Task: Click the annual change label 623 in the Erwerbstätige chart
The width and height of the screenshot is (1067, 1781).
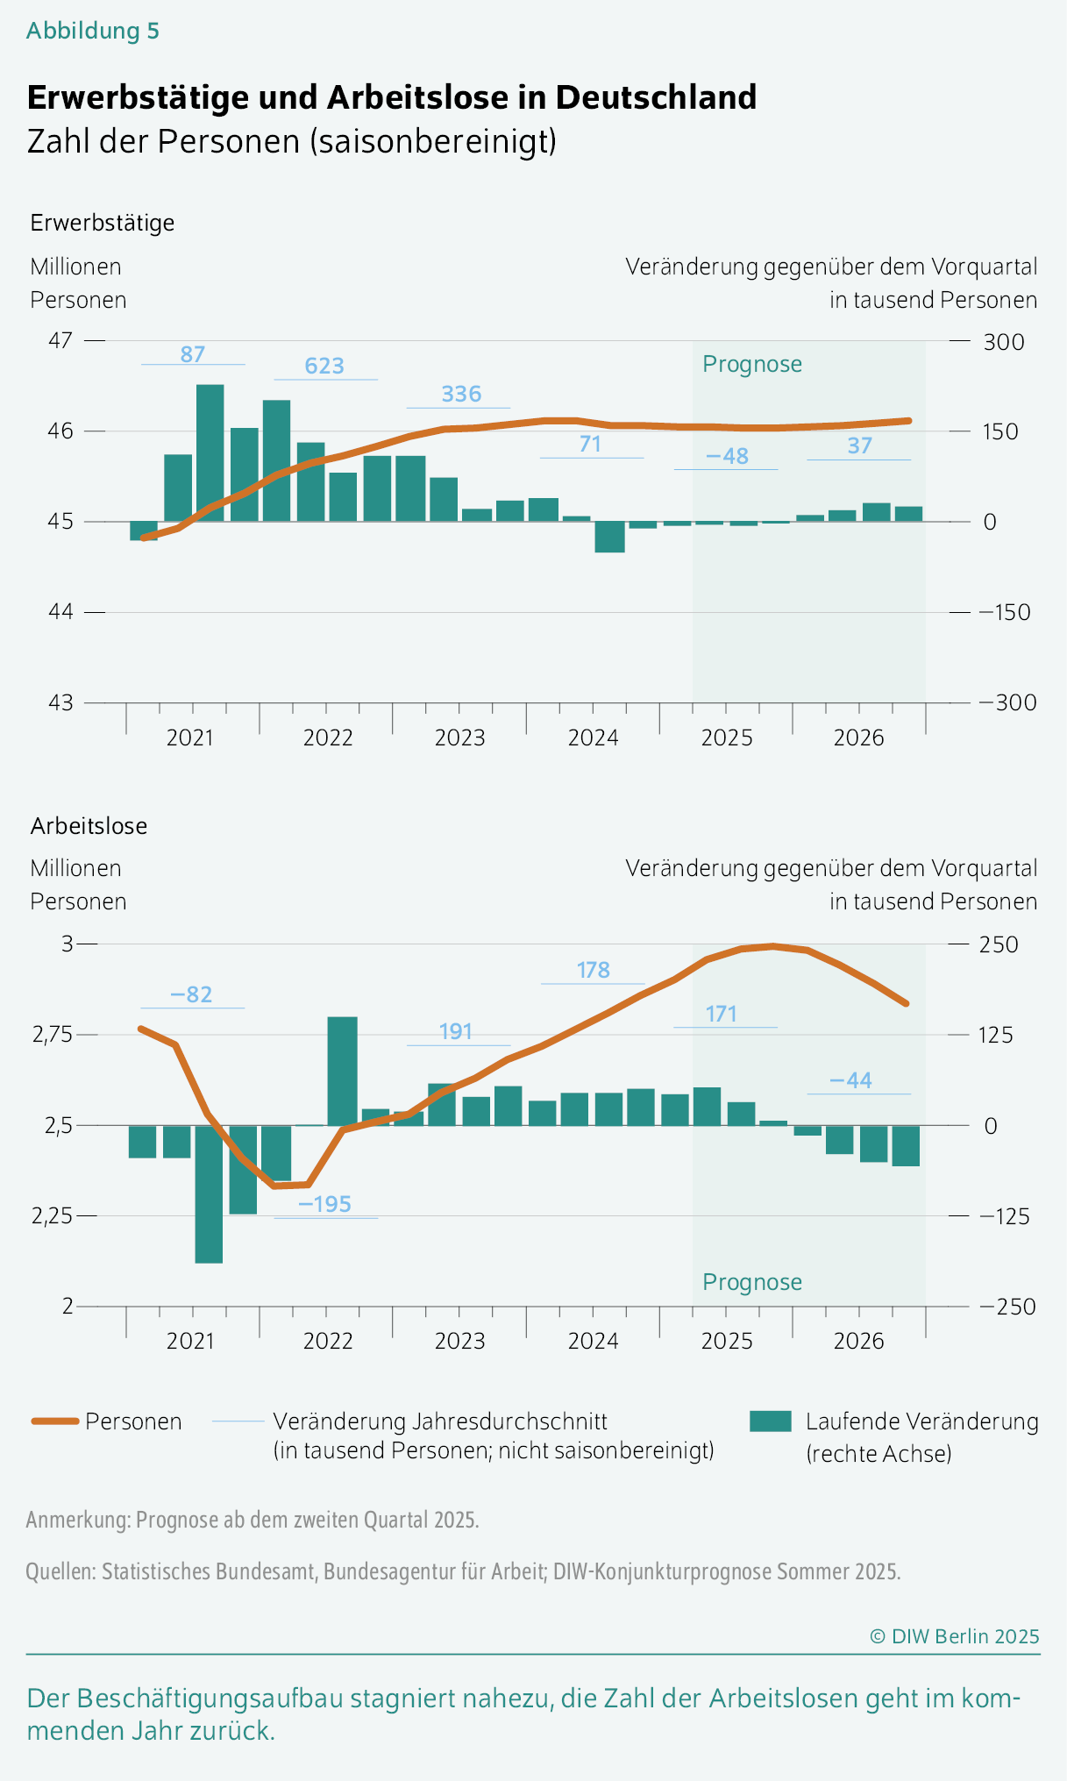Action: [324, 366]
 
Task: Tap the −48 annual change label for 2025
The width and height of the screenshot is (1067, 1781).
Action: [727, 456]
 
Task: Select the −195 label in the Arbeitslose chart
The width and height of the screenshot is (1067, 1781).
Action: [324, 1204]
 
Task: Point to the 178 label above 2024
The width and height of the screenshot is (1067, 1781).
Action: [594, 970]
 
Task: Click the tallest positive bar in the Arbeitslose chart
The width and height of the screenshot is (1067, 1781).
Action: [342, 1071]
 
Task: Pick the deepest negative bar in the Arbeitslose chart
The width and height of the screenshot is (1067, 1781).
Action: [209, 1193]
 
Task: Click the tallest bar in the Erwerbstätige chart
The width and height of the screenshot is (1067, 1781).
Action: [210, 452]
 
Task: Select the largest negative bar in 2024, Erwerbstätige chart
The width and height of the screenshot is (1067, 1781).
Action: [609, 537]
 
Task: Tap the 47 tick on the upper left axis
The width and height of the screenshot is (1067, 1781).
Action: [60, 340]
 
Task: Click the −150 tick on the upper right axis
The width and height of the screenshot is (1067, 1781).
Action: [1005, 612]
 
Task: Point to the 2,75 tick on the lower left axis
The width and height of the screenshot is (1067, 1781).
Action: [53, 1035]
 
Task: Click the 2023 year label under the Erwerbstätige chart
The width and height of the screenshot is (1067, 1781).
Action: [459, 737]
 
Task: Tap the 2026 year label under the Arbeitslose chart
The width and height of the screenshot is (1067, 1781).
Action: [858, 1341]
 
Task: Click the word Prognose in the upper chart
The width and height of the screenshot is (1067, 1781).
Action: [752, 364]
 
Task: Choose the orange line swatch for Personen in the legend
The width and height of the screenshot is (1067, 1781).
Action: [56, 1421]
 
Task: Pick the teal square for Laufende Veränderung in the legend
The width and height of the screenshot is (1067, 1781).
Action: [771, 1421]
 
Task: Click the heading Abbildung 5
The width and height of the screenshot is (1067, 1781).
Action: [93, 31]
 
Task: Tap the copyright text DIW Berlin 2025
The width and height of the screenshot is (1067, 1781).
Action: [954, 1636]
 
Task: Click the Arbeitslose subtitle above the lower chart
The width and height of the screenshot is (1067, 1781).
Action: [89, 826]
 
